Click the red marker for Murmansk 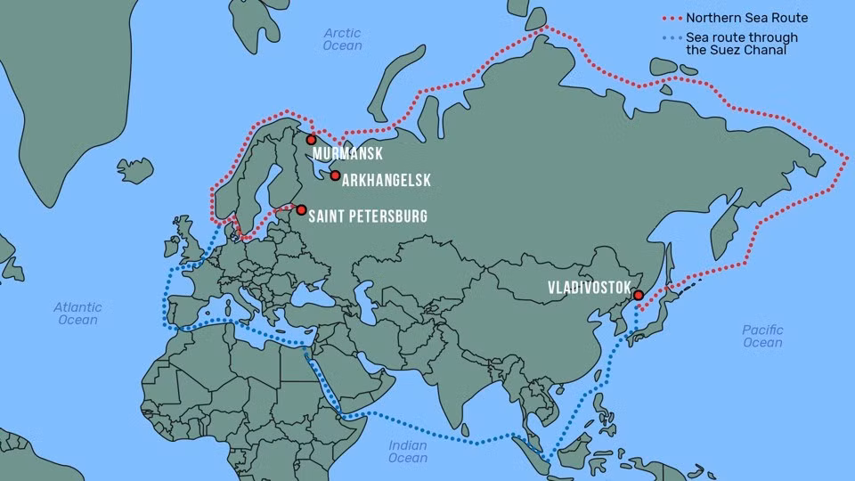coord(311,139)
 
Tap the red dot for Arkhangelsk coord(335,175)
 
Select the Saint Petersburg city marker coord(301,210)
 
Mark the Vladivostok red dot coord(638,295)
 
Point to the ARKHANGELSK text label coord(386,181)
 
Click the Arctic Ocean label coord(343,39)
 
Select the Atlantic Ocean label coord(78,313)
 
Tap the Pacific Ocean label coord(762,336)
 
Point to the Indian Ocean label coord(408,452)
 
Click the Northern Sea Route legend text coord(746,18)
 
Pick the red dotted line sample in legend coord(672,18)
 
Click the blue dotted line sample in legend coord(672,38)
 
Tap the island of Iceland coord(134,168)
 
